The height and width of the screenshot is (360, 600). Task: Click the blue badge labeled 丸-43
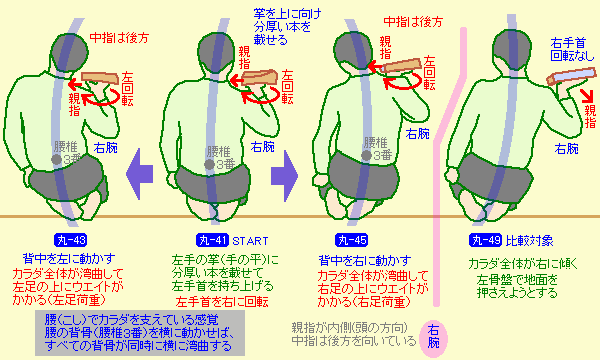click(70, 240)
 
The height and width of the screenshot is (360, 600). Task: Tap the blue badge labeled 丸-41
click(212, 240)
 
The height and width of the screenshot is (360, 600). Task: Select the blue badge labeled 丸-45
click(351, 240)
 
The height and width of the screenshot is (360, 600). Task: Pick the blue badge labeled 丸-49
click(485, 240)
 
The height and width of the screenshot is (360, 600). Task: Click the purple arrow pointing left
click(139, 174)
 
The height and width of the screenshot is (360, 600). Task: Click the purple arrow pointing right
click(285, 176)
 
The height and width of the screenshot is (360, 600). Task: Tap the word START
click(250, 241)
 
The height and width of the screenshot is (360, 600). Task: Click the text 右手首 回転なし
click(572, 49)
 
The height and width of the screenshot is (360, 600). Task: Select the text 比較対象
click(530, 241)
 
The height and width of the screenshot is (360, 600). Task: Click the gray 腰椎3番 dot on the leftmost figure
click(57, 159)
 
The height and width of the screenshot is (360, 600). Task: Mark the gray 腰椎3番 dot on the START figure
click(209, 165)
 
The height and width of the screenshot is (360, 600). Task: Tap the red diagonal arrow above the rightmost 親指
click(586, 96)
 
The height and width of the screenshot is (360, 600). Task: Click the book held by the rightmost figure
click(571, 76)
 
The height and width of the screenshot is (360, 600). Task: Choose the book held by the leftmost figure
click(100, 78)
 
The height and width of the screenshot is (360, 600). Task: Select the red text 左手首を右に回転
click(222, 302)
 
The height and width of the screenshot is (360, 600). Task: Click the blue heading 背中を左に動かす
click(69, 259)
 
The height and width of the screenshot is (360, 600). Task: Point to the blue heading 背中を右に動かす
click(365, 261)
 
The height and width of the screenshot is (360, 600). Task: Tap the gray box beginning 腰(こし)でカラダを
click(140, 333)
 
